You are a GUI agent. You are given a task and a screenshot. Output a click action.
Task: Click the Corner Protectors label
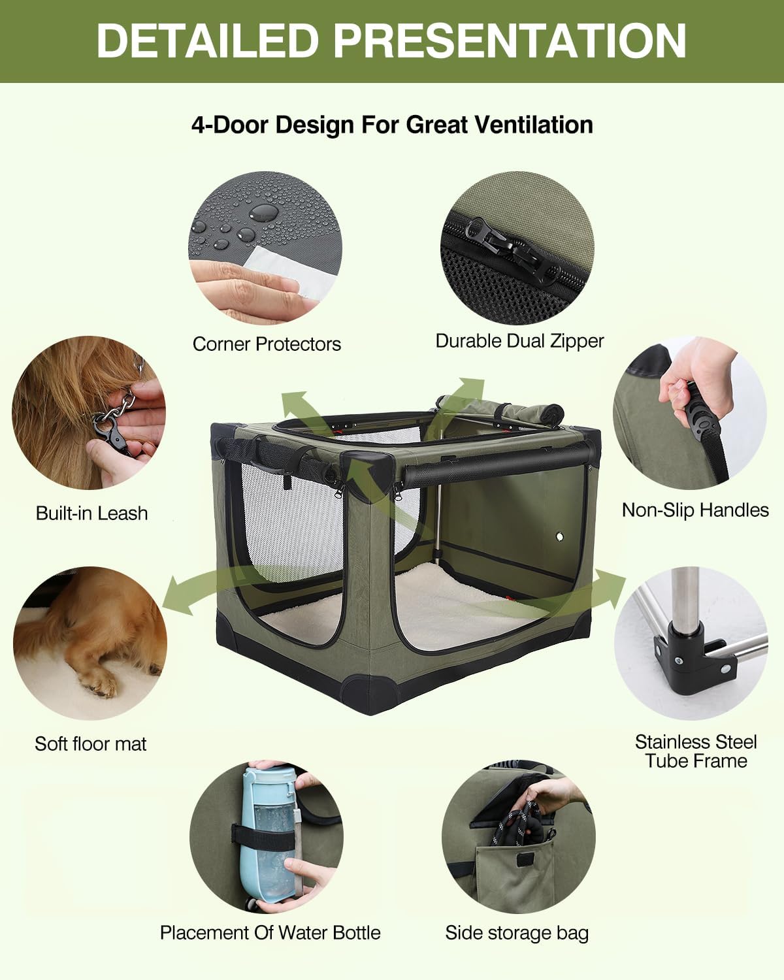pos(267,344)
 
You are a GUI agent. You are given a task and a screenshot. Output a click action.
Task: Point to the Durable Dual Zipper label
pos(519,341)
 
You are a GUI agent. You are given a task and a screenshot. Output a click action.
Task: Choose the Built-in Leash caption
pos(91,514)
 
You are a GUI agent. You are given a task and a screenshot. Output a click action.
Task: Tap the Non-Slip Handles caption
pos(695,510)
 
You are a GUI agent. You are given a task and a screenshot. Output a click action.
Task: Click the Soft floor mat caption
pos(91,743)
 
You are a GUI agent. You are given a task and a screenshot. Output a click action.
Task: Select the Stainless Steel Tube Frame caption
pos(696,751)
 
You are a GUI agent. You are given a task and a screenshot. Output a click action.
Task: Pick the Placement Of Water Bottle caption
pos(270,932)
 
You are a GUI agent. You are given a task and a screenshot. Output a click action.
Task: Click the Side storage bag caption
pos(517,933)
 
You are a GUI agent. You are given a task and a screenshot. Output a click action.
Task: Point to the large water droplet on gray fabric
pos(264,211)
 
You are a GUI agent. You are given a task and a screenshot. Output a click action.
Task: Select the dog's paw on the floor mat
pos(98,683)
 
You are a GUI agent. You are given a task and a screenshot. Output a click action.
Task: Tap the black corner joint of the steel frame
pos(686,647)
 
